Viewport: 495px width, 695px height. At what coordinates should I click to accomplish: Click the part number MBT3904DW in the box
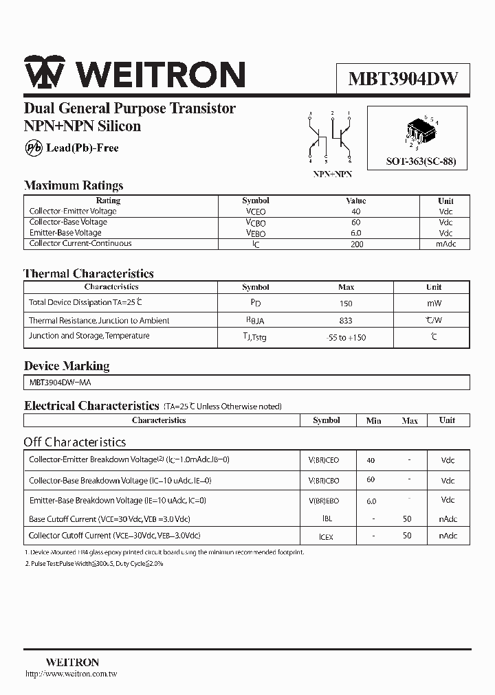(x=403, y=79)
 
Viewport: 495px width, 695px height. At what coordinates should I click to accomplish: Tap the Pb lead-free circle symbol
(x=33, y=148)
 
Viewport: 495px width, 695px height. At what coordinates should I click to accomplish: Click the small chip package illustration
(x=420, y=132)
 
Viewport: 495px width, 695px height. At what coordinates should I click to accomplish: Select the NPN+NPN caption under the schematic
(x=332, y=175)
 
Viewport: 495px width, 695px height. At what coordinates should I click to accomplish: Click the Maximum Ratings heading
(x=74, y=185)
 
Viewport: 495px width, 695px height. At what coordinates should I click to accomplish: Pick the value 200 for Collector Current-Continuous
(x=356, y=244)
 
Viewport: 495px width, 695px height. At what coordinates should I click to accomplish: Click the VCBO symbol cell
(x=256, y=223)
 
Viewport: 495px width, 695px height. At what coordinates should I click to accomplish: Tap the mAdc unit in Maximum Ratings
(x=445, y=244)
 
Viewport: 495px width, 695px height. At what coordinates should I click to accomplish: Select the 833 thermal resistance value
(x=346, y=321)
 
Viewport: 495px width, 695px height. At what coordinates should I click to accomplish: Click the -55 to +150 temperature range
(x=346, y=337)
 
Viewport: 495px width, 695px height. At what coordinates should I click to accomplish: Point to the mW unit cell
(x=434, y=303)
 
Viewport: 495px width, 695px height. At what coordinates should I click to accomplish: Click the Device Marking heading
(x=67, y=366)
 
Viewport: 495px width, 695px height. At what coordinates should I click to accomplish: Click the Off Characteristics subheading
(x=75, y=442)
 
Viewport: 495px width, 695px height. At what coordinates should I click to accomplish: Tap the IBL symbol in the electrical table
(x=327, y=520)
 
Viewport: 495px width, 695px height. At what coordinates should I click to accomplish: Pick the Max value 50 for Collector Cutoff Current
(x=408, y=536)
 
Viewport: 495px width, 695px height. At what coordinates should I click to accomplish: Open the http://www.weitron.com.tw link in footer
(x=71, y=674)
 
